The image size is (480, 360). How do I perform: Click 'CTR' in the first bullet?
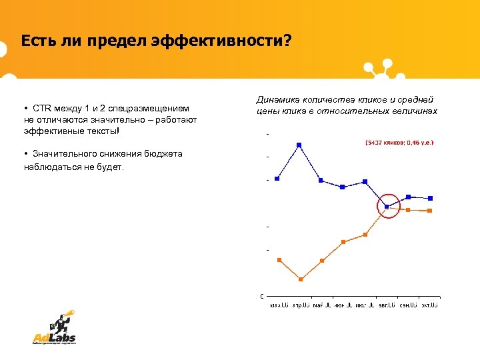41,108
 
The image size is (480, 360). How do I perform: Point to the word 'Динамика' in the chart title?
277,99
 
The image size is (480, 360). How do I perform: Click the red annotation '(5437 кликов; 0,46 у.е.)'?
399,143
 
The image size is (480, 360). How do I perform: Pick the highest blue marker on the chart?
299,145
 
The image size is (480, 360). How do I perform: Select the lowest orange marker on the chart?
300,279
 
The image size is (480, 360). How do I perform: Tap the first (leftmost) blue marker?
277,178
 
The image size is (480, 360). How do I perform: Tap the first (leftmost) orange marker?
279,259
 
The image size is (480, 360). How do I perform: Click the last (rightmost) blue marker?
431,198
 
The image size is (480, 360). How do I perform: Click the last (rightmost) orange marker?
430,211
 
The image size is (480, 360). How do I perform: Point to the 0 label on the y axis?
261,295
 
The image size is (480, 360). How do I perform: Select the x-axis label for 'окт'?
429,305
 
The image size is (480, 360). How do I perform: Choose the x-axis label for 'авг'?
386,305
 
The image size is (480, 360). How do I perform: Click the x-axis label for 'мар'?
279,305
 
